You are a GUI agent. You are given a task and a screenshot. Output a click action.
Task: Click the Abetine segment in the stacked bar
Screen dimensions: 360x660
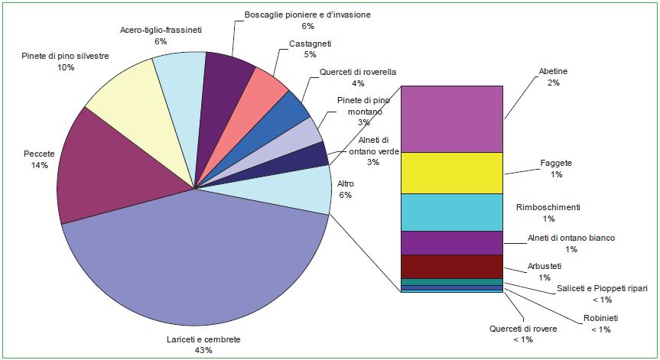(x=451, y=118)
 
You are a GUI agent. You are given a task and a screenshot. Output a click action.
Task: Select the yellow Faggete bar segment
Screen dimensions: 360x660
(x=451, y=173)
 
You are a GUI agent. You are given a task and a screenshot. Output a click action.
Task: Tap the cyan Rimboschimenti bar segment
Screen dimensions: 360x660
(x=451, y=212)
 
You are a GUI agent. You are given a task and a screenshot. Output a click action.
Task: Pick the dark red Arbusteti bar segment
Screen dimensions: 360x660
(x=451, y=266)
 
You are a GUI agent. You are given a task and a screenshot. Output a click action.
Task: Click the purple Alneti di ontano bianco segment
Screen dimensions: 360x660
(x=451, y=242)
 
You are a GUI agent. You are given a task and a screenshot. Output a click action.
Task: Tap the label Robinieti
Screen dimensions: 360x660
(x=600, y=317)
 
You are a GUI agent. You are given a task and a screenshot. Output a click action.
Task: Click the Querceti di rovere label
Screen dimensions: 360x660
(x=523, y=329)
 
